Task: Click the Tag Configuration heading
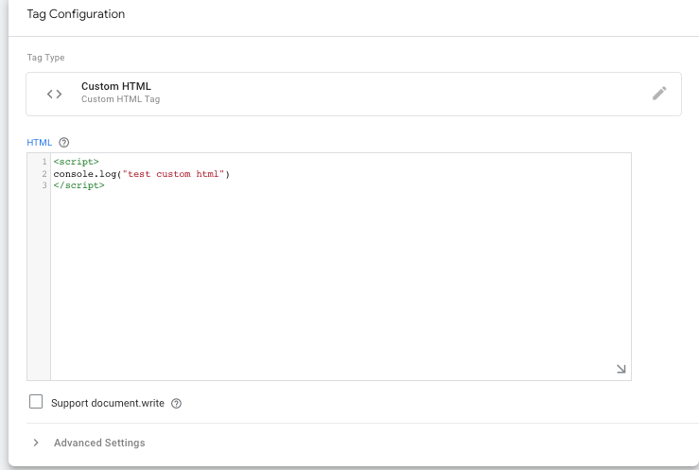pos(76,14)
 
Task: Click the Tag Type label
pos(45,58)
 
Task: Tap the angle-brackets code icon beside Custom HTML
pos(54,94)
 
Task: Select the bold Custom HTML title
pos(116,86)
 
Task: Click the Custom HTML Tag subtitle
pos(120,99)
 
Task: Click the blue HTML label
pos(39,143)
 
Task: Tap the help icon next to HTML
pos(64,143)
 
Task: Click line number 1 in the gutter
pos(44,162)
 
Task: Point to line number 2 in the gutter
pos(44,174)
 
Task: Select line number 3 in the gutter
pos(44,185)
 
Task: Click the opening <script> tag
pos(77,162)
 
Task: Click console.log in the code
pos(85,174)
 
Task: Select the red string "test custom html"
pos(173,174)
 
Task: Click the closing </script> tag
pos(79,185)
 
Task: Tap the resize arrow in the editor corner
pos(621,369)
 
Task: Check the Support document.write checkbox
pos(36,401)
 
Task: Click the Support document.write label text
pos(108,403)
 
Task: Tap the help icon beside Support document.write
pos(177,404)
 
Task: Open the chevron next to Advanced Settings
pos(36,443)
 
